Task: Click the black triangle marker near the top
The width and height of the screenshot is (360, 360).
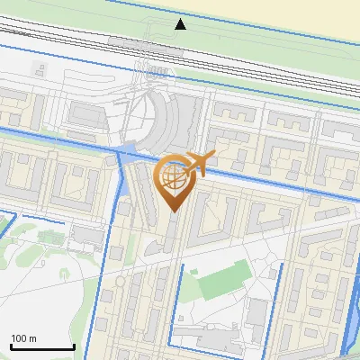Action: click(181, 23)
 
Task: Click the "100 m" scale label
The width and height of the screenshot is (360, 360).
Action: click(23, 338)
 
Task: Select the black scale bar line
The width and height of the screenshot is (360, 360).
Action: click(41, 347)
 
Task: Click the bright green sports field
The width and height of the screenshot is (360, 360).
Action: click(221, 281)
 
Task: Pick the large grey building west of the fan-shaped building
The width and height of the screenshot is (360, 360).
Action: click(87, 117)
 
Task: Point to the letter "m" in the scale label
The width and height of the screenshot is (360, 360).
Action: click(32, 338)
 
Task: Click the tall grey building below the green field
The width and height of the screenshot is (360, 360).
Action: click(256, 316)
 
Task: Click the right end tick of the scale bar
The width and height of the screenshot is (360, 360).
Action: click(74, 346)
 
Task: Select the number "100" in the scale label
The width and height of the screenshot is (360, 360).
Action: click(19, 338)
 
